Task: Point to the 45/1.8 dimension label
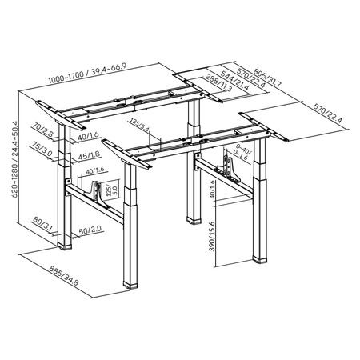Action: tap(90, 156)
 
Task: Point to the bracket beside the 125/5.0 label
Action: tap(100, 191)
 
